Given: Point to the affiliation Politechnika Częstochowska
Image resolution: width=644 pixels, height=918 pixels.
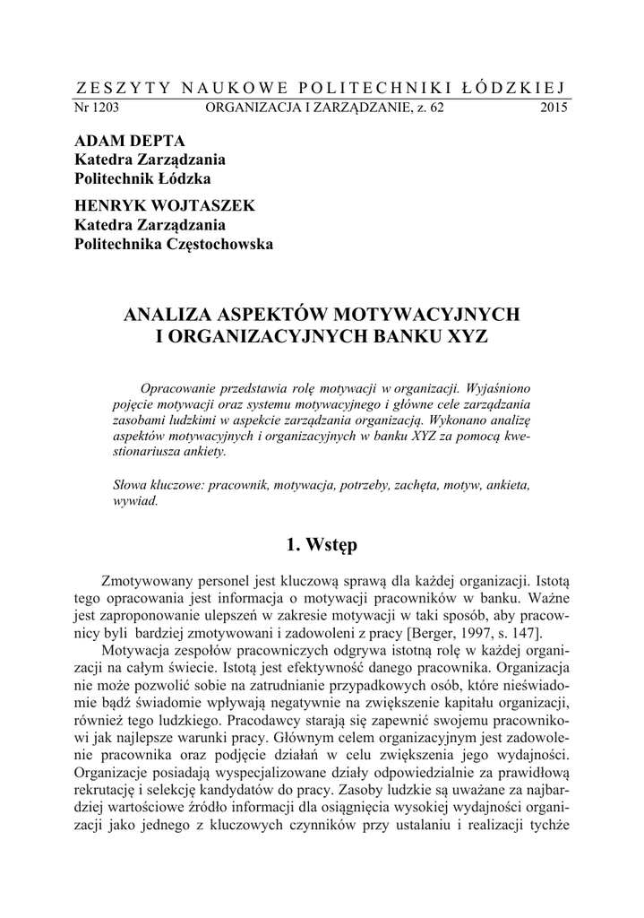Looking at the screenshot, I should pos(174,244).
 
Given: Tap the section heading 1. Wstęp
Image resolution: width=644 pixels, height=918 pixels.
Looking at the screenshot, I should pos(322,544).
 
